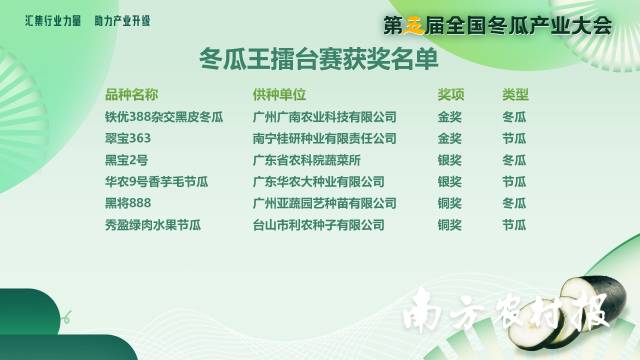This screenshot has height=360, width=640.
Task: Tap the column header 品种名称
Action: [x=131, y=95]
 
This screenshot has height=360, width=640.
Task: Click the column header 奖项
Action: [x=450, y=95]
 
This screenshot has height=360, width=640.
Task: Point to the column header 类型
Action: [x=515, y=95]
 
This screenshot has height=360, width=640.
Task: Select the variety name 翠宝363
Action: [x=128, y=138]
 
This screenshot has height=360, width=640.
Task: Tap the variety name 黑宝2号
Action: [x=126, y=160]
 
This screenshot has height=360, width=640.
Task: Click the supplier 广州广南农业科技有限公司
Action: [x=326, y=117]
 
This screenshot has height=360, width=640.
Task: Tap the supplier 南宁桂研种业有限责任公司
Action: [x=326, y=138]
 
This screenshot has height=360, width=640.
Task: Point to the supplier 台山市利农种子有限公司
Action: [x=319, y=225]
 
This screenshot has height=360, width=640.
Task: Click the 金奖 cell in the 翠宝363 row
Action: [x=450, y=138]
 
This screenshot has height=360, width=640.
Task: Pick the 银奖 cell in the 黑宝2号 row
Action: [x=450, y=160]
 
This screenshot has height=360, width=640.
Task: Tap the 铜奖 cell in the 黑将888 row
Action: [x=450, y=203]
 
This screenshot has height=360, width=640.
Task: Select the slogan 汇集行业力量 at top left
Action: [x=52, y=19]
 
